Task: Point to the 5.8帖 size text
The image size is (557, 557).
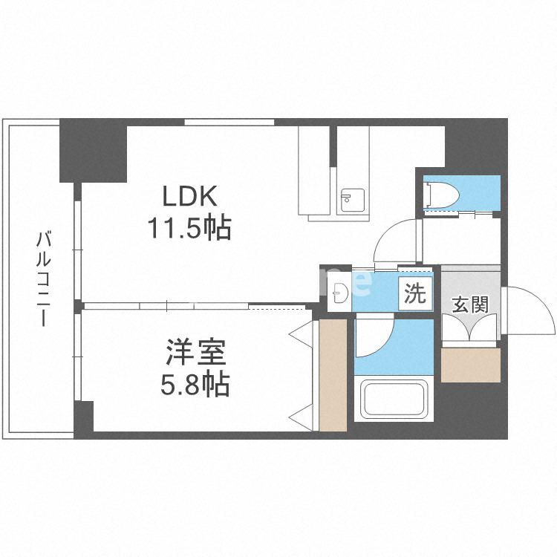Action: [195, 384]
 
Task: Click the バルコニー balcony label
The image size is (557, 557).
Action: [43, 278]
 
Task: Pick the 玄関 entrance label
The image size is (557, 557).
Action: [469, 304]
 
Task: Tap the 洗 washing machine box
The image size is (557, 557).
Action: [415, 294]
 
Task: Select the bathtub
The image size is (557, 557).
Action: [393, 399]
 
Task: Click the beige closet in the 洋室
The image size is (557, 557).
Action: [333, 375]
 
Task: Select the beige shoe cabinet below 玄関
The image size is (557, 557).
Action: [470, 364]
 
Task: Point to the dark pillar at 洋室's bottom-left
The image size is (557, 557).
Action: [83, 420]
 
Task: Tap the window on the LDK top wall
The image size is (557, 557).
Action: [229, 122]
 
